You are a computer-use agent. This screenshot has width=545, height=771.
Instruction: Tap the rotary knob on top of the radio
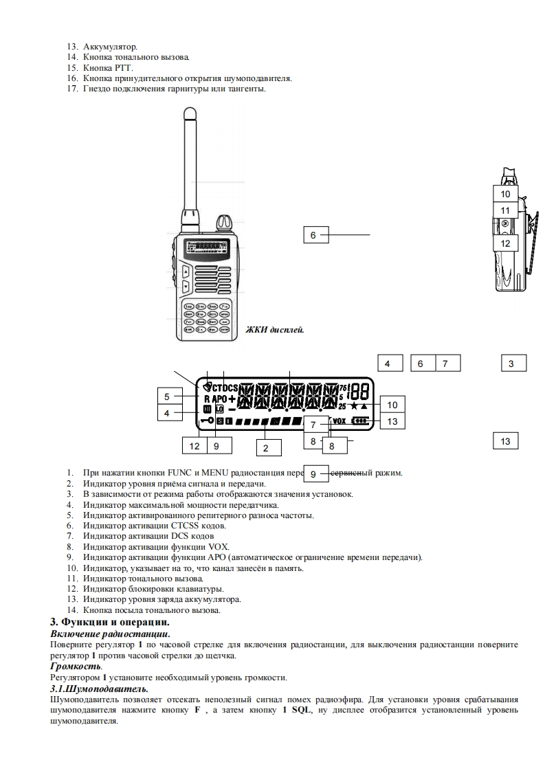coord(222,223)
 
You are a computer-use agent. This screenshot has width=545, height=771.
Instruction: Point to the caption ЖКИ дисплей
coord(275,330)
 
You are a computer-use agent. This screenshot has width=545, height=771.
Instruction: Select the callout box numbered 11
coord(505,210)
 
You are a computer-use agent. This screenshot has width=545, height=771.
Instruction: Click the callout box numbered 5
coord(168,396)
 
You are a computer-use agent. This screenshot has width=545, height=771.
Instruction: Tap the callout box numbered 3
coord(511,364)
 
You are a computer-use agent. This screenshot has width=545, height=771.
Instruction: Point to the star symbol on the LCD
coord(353,406)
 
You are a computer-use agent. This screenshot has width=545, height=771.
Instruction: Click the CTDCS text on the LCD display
coord(225,386)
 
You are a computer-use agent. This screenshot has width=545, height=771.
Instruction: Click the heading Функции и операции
coord(111,621)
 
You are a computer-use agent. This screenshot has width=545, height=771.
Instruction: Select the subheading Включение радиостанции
coord(110,633)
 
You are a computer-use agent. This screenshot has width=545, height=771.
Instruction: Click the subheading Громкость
coord(76,666)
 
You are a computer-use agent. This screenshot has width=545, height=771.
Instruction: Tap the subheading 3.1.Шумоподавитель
coord(99,689)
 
